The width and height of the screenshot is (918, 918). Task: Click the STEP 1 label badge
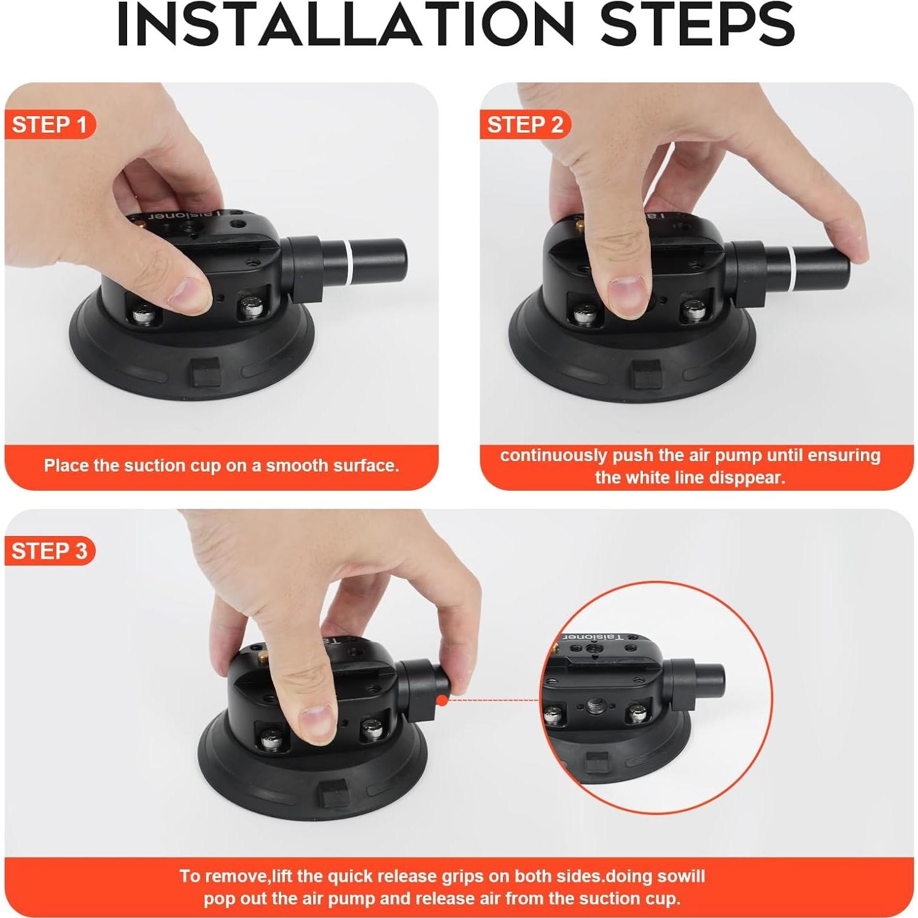[x=50, y=125]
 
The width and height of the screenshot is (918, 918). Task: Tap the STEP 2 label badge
[x=525, y=125]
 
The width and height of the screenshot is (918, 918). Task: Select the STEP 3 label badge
[x=50, y=551]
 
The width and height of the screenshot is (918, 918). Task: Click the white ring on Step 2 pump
[x=793, y=269]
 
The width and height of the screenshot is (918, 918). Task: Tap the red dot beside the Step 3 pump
[x=441, y=699]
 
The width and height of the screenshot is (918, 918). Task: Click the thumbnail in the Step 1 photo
[x=189, y=293]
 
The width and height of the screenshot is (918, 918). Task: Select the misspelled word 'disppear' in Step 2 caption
[x=749, y=478]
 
